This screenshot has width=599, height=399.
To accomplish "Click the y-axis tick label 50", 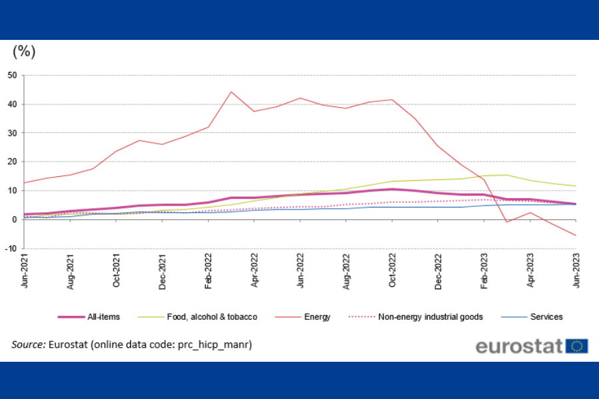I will click(13, 75).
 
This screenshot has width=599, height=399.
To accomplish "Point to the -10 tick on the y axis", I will click(11, 249).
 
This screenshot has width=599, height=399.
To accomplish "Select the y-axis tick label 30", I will click(13, 133).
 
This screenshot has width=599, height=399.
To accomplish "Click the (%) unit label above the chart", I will click(24, 51).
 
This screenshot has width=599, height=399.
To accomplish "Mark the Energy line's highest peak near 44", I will click(231, 92).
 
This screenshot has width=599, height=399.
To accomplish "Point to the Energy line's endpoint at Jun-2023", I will click(576, 235).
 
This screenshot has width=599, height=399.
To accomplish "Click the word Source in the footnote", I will click(28, 344).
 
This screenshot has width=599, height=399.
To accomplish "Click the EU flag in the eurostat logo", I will click(576, 346).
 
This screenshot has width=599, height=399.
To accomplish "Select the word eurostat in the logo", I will click(519, 346).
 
